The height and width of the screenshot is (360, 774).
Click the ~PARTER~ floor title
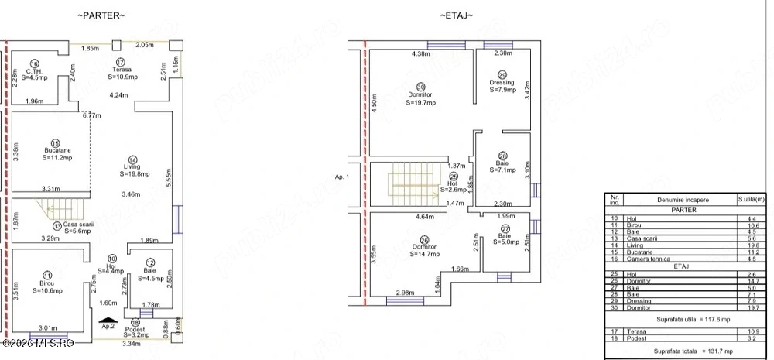pyautogui.click(x=101, y=15)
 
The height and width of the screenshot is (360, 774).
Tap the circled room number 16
pyautogui.click(x=34, y=63)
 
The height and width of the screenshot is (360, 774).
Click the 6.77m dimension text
pyautogui.click(x=91, y=115)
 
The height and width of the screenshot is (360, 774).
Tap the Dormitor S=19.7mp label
pyautogui.click(x=421, y=94)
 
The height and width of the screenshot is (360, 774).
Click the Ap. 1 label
pyautogui.click(x=343, y=177)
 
